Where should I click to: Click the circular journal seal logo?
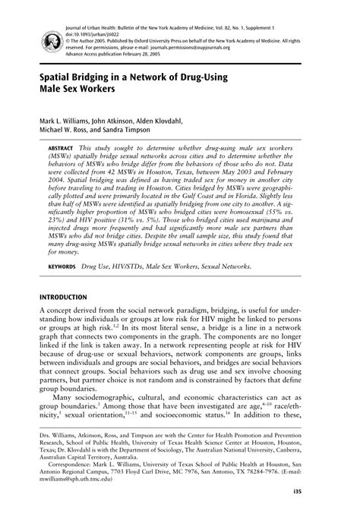pyautogui.click(x=29, y=26)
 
